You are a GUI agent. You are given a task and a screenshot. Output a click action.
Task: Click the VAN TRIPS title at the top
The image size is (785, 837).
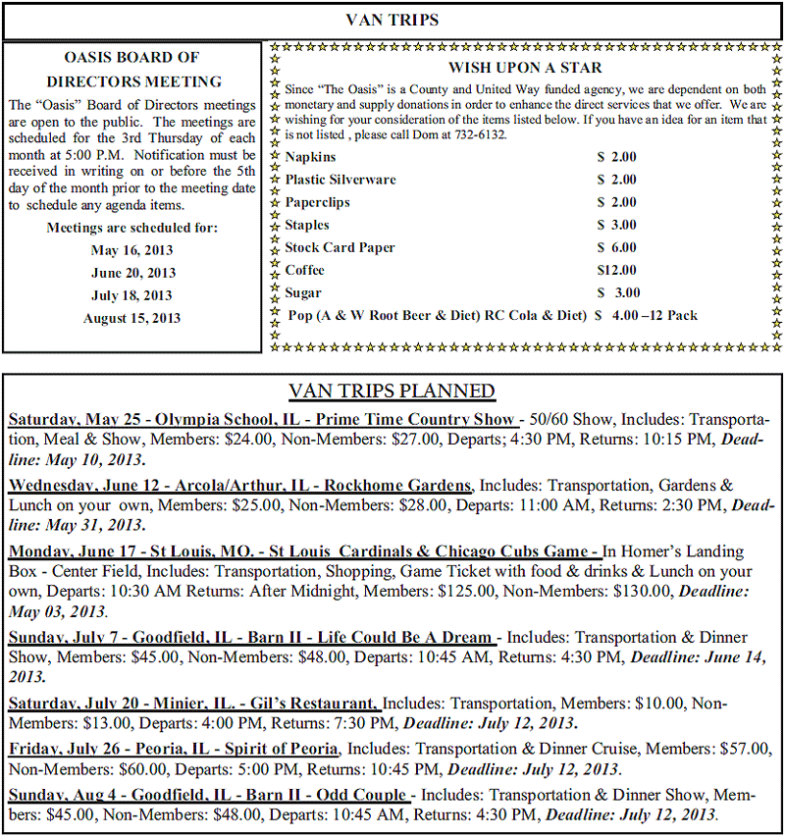[392, 20]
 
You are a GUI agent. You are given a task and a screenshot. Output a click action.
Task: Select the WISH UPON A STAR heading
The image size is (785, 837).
[525, 68]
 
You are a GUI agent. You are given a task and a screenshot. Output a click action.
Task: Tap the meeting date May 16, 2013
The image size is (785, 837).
[132, 250]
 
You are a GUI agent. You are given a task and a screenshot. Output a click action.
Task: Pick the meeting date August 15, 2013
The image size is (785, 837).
[132, 318]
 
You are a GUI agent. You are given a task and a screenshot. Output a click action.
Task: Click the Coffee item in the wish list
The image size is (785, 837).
[305, 270]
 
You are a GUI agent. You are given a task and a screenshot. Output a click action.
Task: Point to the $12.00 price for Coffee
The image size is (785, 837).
[616, 270]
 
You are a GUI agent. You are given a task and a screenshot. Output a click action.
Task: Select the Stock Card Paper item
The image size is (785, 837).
[340, 247]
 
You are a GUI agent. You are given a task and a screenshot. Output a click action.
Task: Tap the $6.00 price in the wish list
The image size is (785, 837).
[618, 247]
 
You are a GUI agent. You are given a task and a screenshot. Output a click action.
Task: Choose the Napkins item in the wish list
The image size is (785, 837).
[310, 157]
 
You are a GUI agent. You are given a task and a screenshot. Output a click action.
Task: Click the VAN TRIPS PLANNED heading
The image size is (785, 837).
[392, 392]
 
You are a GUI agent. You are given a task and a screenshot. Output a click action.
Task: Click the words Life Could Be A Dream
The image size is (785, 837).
[411, 637]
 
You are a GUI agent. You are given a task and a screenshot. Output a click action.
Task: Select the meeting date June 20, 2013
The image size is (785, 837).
[132, 273]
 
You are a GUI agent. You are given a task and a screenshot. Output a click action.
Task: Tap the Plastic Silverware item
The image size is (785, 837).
[340, 180]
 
